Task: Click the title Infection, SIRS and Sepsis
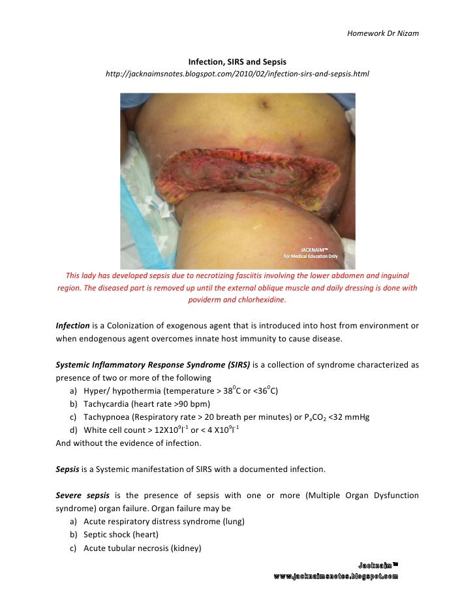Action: (x=237, y=61)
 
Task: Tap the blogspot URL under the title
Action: (x=237, y=74)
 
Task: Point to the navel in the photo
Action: (x=264, y=102)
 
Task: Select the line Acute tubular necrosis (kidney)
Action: (x=142, y=548)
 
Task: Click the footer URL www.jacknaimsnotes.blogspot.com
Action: (x=335, y=576)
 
